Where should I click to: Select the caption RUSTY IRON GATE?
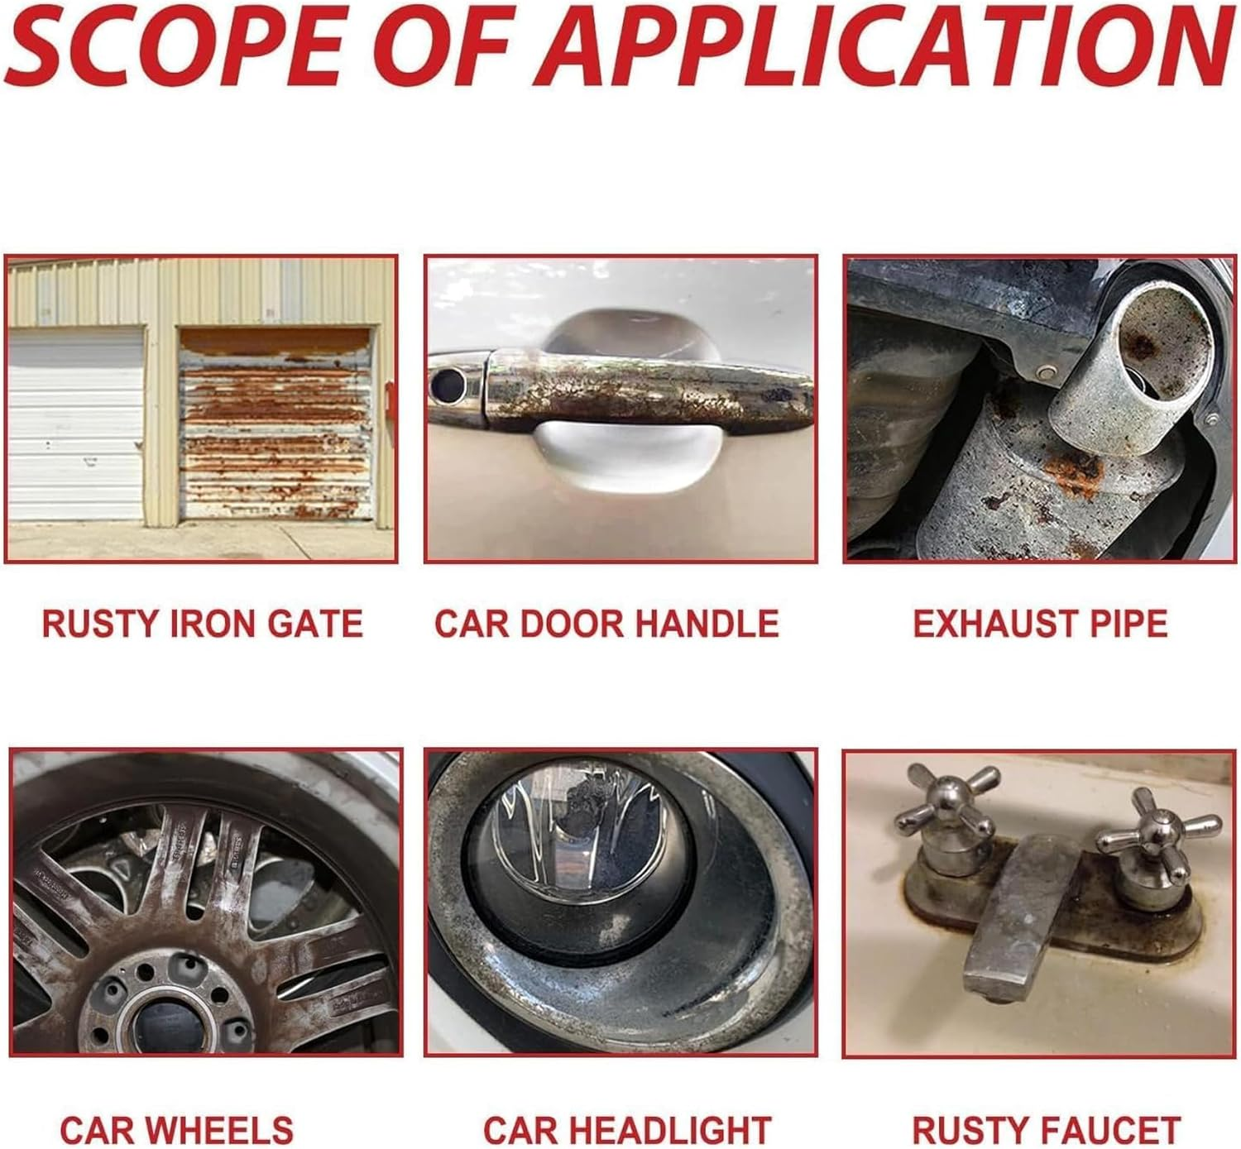pos(203,623)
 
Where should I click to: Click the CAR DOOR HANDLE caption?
pos(606,623)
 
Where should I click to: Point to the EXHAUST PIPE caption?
pos(1041,623)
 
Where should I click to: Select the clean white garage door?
pos(76,425)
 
